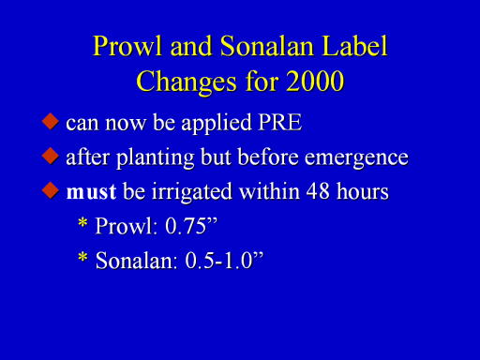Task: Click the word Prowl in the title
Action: [x=127, y=46]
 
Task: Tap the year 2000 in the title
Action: [x=315, y=82]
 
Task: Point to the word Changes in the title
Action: [x=187, y=82]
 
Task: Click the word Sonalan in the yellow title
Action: [x=267, y=46]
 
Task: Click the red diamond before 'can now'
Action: [x=51, y=121]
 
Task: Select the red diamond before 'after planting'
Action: [x=51, y=156]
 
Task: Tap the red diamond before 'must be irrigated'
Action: [x=51, y=190]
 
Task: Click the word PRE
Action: [x=280, y=122]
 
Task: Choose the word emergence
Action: [x=356, y=158]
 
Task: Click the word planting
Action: [x=155, y=158]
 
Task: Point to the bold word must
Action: [x=91, y=192]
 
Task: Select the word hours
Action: [x=363, y=190]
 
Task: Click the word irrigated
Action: [x=191, y=192]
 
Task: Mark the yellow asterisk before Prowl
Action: [x=82, y=223]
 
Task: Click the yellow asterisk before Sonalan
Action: [x=82, y=258]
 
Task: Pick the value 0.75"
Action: [x=190, y=226]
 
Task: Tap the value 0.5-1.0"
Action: [x=224, y=261]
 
